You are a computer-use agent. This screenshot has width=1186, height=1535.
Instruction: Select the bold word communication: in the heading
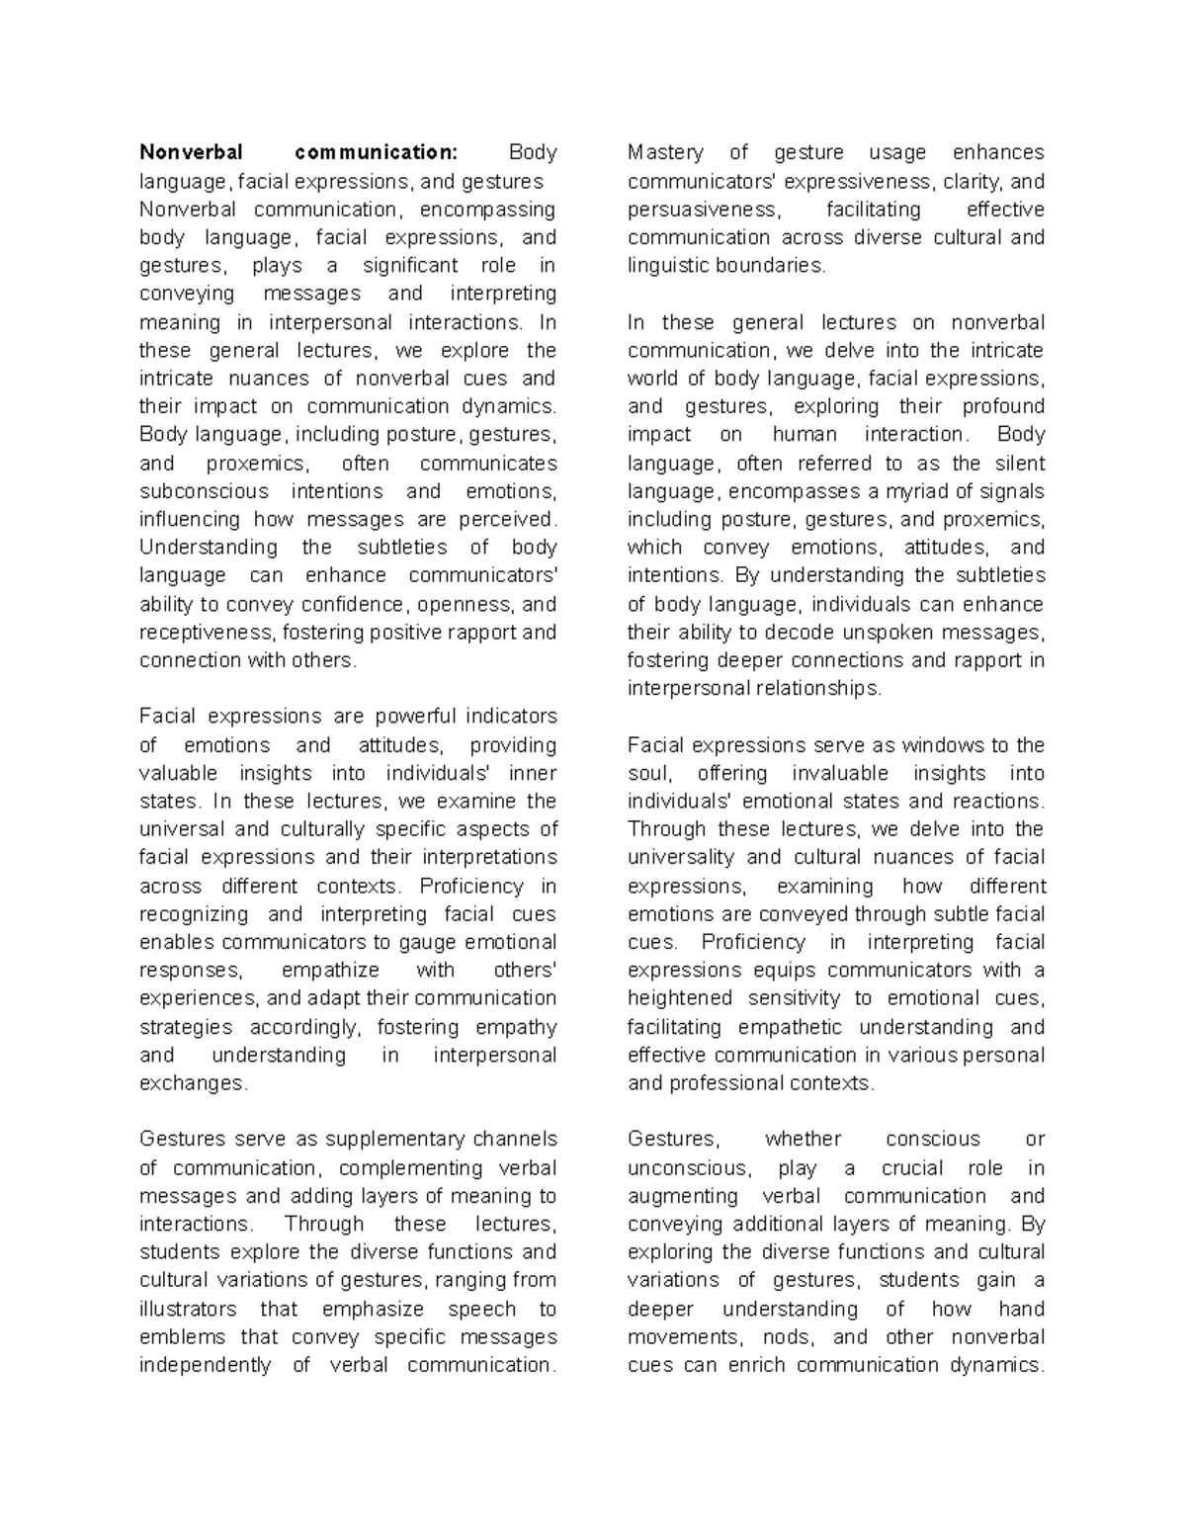[x=377, y=152]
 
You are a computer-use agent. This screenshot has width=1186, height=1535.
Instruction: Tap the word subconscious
[x=204, y=491]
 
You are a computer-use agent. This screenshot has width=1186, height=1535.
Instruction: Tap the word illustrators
[x=188, y=1309]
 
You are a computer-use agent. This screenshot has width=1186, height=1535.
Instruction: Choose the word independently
[x=205, y=1365]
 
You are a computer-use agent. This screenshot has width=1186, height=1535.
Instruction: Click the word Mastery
[x=665, y=152]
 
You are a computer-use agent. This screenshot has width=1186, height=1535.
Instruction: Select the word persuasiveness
[x=703, y=210]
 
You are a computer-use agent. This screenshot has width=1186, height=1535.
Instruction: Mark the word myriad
[x=918, y=491]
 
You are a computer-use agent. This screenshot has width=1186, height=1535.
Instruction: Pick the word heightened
[x=680, y=998]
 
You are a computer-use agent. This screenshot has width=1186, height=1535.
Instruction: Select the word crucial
[x=912, y=1168]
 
